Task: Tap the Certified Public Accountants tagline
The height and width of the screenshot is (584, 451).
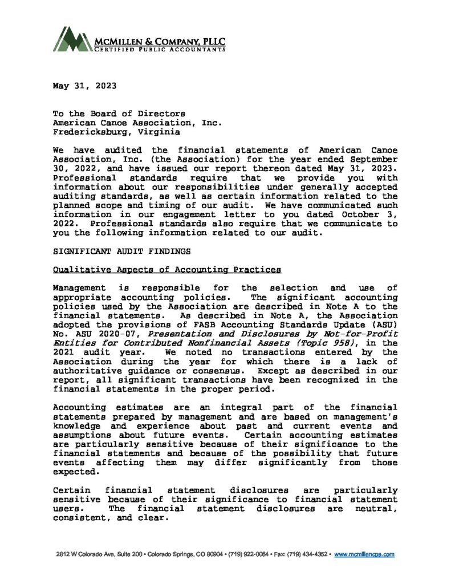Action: tap(160, 50)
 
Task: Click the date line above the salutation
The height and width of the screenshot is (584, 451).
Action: tap(84, 86)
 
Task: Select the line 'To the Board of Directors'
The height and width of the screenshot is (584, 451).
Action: tap(119, 114)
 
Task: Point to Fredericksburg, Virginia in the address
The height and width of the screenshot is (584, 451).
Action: tap(116, 132)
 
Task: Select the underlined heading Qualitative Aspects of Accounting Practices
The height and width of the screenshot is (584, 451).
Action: tap(166, 269)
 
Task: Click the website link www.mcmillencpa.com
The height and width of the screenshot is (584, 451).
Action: tap(364, 554)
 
